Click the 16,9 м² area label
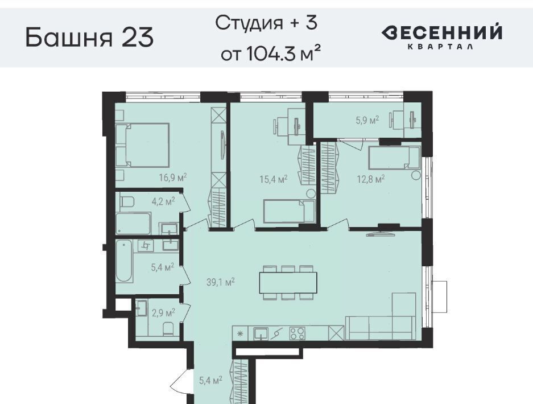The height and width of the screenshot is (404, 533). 173,177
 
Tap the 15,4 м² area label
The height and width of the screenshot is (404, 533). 274,179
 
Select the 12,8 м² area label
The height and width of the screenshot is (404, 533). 371,179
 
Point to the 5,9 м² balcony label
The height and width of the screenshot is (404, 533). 367,120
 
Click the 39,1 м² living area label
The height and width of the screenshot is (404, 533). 221,282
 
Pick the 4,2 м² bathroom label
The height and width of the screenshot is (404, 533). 163,201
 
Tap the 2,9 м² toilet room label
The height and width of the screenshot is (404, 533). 163,312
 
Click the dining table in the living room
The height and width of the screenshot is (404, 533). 288,283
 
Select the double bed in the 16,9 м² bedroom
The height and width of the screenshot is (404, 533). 142,145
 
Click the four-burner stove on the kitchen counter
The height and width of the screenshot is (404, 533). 298,333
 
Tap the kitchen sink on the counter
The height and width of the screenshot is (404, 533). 261,333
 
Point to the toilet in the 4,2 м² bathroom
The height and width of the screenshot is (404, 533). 127,201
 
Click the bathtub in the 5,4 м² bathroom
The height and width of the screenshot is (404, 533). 125,261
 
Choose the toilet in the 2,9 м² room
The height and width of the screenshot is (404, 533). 168,329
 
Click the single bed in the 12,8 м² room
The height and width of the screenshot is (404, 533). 395,158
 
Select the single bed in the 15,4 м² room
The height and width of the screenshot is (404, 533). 290,212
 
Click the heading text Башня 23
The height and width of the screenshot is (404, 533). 89,38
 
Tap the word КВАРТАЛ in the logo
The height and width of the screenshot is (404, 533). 440,47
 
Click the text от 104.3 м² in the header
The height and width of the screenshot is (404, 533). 271,53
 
